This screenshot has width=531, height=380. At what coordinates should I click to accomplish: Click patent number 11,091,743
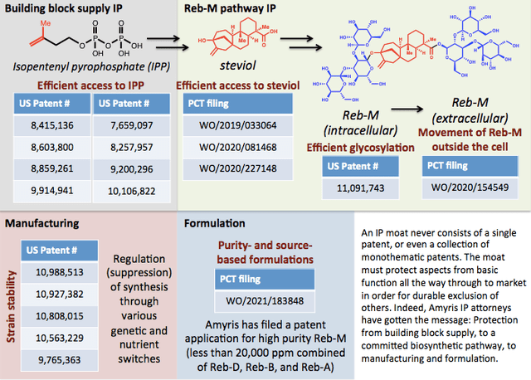[x=354, y=189]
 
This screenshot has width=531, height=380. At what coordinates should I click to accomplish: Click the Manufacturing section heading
[x=41, y=223]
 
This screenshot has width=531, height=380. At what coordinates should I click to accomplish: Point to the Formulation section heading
[x=216, y=223]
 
